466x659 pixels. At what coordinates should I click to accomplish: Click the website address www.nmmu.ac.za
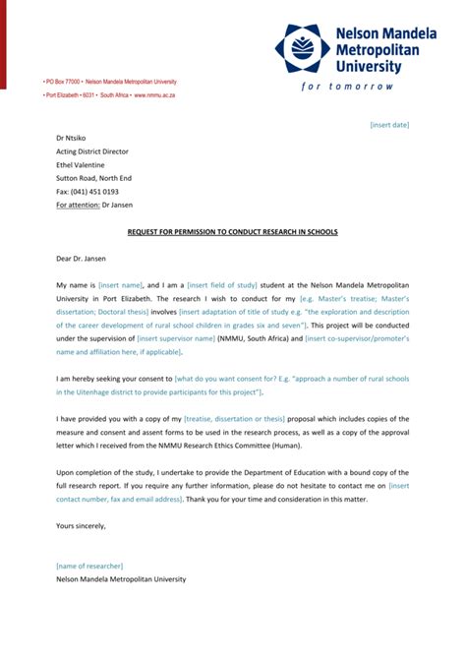coord(154,95)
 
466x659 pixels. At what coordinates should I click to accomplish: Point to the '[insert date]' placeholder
coord(389,125)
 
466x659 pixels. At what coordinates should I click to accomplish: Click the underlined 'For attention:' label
coord(78,205)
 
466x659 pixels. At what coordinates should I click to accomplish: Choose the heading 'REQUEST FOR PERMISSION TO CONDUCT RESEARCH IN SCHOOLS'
coord(232,232)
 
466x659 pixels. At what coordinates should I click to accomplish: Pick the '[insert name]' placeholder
coord(121,284)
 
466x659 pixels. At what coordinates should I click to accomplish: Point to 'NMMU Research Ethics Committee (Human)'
coord(265,447)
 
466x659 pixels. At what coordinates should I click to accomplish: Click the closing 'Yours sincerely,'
coord(81,526)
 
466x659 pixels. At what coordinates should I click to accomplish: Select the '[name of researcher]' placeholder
coord(89,566)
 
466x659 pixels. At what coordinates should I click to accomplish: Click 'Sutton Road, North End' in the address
coord(93,178)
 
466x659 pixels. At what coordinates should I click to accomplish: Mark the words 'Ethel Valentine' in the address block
coord(82,165)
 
